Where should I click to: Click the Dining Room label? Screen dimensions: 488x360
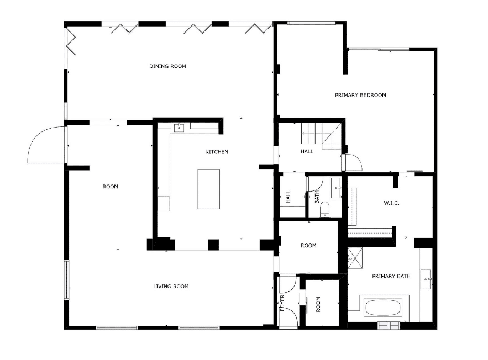tap(167, 66)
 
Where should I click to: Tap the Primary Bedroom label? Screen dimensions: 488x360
tap(360, 95)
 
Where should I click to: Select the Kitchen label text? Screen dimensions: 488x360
tap(217, 152)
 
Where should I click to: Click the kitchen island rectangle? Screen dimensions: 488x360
tap(208, 189)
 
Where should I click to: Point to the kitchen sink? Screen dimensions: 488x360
tap(179, 128)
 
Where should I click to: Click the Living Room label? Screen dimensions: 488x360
tap(171, 287)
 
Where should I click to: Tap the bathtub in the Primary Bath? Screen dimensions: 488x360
tap(383, 308)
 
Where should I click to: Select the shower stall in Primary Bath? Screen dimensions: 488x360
tap(355, 258)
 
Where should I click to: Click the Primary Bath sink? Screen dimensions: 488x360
tap(426, 279)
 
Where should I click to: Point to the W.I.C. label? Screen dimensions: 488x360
tap(391, 203)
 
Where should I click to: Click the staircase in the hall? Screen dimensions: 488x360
tap(321, 136)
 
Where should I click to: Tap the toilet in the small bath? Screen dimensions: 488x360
tap(324, 209)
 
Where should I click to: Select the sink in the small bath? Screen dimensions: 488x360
tap(336, 188)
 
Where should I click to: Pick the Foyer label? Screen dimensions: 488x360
tap(282, 303)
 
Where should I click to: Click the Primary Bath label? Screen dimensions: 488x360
tap(391, 276)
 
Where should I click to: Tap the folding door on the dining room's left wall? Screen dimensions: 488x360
tap(71, 41)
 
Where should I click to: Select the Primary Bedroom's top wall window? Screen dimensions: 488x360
tap(311, 23)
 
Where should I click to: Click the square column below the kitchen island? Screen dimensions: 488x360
tap(213, 245)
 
